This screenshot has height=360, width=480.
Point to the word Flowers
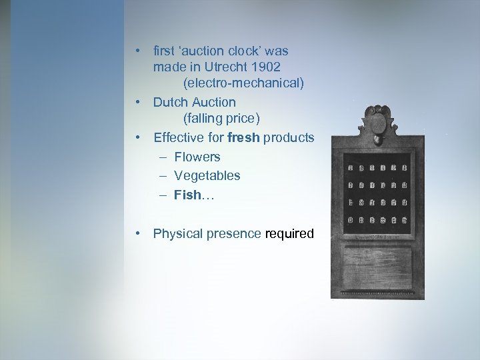(x=197, y=157)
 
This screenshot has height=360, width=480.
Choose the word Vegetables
(x=207, y=175)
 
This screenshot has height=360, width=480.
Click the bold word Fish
(x=187, y=195)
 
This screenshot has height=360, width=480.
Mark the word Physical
(x=177, y=234)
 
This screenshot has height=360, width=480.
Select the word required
(x=289, y=234)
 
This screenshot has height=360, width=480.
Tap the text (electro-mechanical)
(x=243, y=83)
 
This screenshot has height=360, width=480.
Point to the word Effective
(x=178, y=138)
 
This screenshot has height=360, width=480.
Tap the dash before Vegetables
(x=163, y=176)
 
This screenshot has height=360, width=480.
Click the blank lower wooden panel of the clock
(x=377, y=270)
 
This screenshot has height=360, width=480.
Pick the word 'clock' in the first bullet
(x=251, y=51)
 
